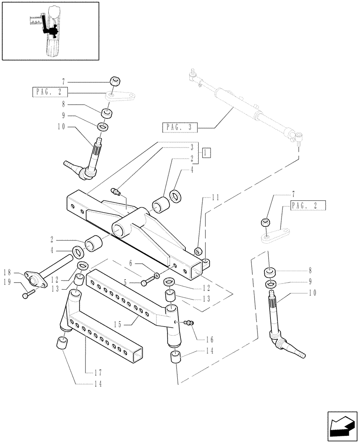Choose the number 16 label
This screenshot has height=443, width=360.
[x=209, y=340]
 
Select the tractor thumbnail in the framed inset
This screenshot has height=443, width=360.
[x=50, y=30]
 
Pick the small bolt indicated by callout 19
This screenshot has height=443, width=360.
[x=28, y=293]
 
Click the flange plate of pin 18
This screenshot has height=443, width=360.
[x=35, y=280]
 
